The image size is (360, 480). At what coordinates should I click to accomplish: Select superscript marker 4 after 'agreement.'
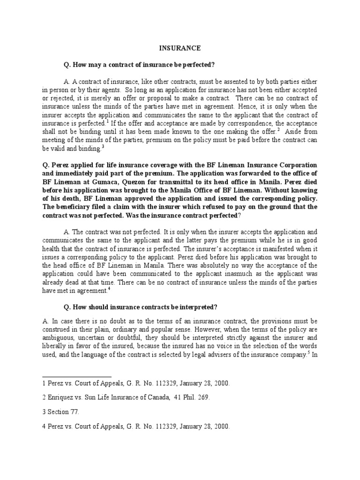click(x=109, y=288)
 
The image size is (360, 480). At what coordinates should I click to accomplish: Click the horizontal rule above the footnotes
click(x=77, y=376)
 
